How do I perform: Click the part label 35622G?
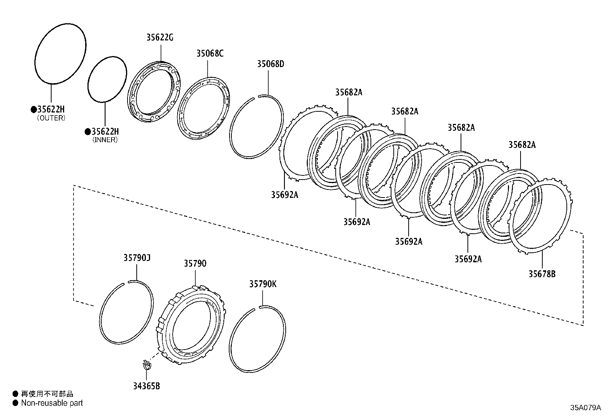coord(160,37)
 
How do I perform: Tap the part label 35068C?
coord(210,53)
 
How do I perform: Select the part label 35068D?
coord(270,64)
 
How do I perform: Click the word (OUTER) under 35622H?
coord(51,118)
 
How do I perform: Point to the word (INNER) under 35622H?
coord(105,140)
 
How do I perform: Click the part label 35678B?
coord(542,274)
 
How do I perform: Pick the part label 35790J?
coord(137,258)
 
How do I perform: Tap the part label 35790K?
coord(263,284)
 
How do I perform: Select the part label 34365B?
coord(146,386)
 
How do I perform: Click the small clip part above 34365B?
coord(146,365)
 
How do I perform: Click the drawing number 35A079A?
coord(585,408)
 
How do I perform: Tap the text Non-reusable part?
coord(52,403)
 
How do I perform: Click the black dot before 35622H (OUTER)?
coord(33,109)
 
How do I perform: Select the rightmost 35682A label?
coord(522,145)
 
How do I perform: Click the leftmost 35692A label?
coord(285,195)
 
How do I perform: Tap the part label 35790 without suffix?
coord(195,263)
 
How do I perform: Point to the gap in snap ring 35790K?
coord(257,308)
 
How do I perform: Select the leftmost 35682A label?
coord(349,92)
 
